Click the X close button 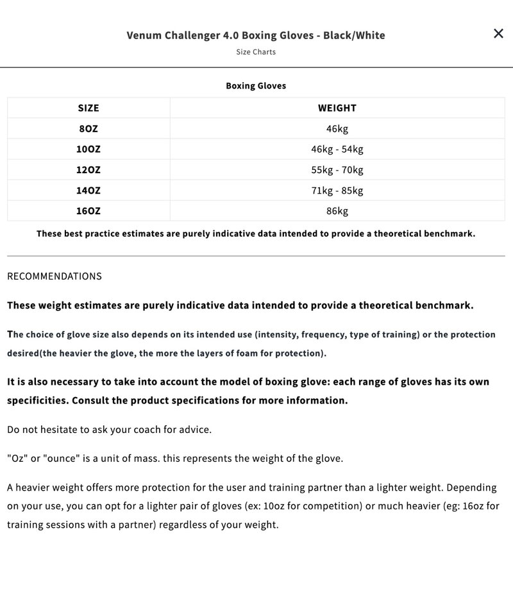(498, 33)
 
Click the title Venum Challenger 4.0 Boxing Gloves (256, 35)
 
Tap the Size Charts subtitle (256, 52)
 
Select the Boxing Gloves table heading (256, 85)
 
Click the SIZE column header (88, 108)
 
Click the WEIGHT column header (337, 108)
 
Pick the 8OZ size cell (88, 128)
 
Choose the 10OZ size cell (88, 149)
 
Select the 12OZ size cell (88, 169)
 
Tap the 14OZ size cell (88, 190)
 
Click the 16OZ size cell (88, 210)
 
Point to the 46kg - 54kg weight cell (337, 149)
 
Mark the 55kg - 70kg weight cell (337, 169)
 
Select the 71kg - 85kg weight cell (337, 190)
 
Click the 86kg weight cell (337, 210)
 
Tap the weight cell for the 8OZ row (337, 128)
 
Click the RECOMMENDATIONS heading (55, 276)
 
